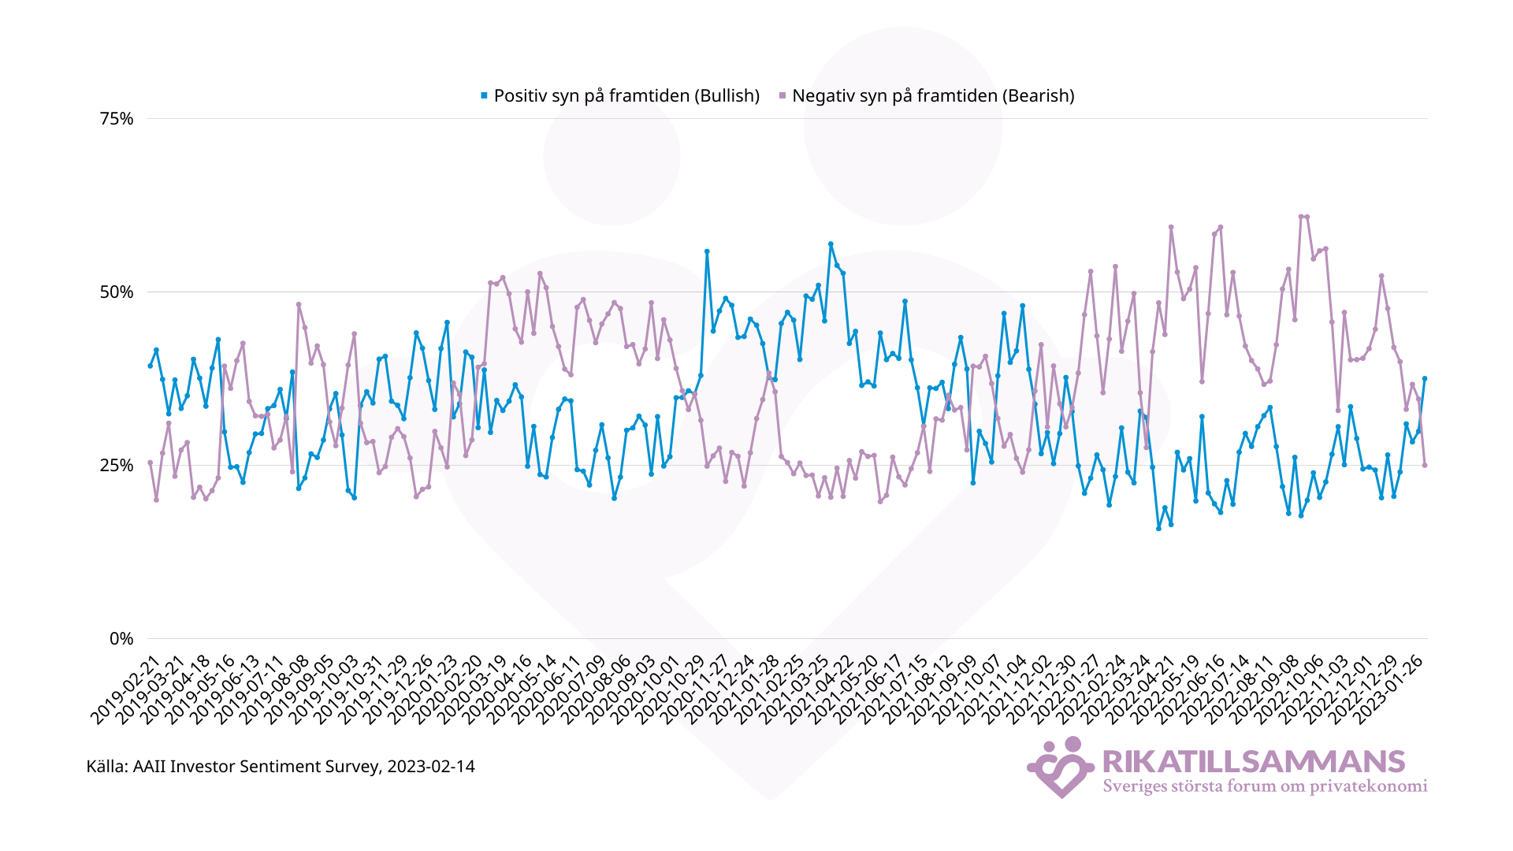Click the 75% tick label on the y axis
point(117,119)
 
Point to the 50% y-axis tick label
point(117,292)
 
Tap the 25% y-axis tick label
point(117,466)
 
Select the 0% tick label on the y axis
point(121,639)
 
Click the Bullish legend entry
point(626,96)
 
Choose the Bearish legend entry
point(932,96)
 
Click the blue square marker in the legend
point(484,96)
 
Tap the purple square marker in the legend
point(782,96)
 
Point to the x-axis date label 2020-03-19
point(473,691)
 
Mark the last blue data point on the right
point(1425,379)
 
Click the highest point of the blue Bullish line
point(831,244)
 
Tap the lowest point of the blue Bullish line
point(1158,528)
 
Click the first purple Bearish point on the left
point(150,463)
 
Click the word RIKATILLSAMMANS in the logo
point(1253,762)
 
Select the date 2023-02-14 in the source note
point(431,767)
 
